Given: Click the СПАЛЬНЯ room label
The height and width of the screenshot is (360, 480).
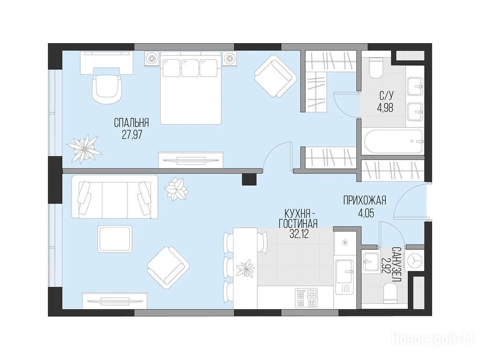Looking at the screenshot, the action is pyautogui.click(x=131, y=123).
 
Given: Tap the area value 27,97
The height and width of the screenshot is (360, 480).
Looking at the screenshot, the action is pyautogui.click(x=132, y=135).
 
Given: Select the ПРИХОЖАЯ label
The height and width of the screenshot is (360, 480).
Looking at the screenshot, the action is pyautogui.click(x=365, y=201).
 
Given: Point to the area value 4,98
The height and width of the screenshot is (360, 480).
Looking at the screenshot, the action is pyautogui.click(x=385, y=108).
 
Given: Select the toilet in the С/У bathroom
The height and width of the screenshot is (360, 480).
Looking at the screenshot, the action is pyautogui.click(x=376, y=67).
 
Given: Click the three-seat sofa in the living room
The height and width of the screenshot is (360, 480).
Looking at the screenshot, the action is pyautogui.click(x=115, y=196).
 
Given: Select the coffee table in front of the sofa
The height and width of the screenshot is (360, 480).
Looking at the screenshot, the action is pyautogui.click(x=115, y=239).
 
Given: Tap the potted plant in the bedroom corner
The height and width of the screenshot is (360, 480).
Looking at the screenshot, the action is pyautogui.click(x=84, y=148).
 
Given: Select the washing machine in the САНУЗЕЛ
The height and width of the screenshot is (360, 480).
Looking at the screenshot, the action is pyautogui.click(x=414, y=260).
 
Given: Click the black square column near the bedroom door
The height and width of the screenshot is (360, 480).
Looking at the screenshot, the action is pyautogui.click(x=249, y=179).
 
